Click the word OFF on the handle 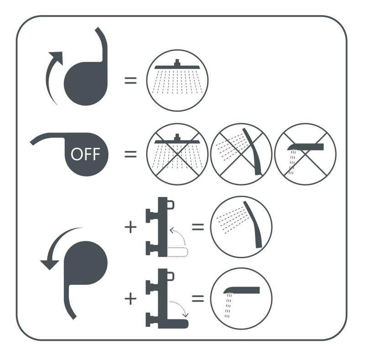point(85,154)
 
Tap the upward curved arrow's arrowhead point(57,57)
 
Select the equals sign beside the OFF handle point(130,154)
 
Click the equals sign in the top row point(130,81)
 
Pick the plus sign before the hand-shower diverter point(130,227)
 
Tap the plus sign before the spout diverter point(130,298)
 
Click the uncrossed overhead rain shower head point(177,66)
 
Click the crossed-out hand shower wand point(253,151)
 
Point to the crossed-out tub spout point(305,147)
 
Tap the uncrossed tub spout point(241,290)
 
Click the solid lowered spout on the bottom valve point(177,323)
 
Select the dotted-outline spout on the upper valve point(177,252)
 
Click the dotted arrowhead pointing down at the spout point(186,315)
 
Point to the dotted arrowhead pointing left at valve point(172,230)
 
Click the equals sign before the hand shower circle point(198,227)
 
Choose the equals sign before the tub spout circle point(198,298)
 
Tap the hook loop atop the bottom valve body point(171,276)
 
